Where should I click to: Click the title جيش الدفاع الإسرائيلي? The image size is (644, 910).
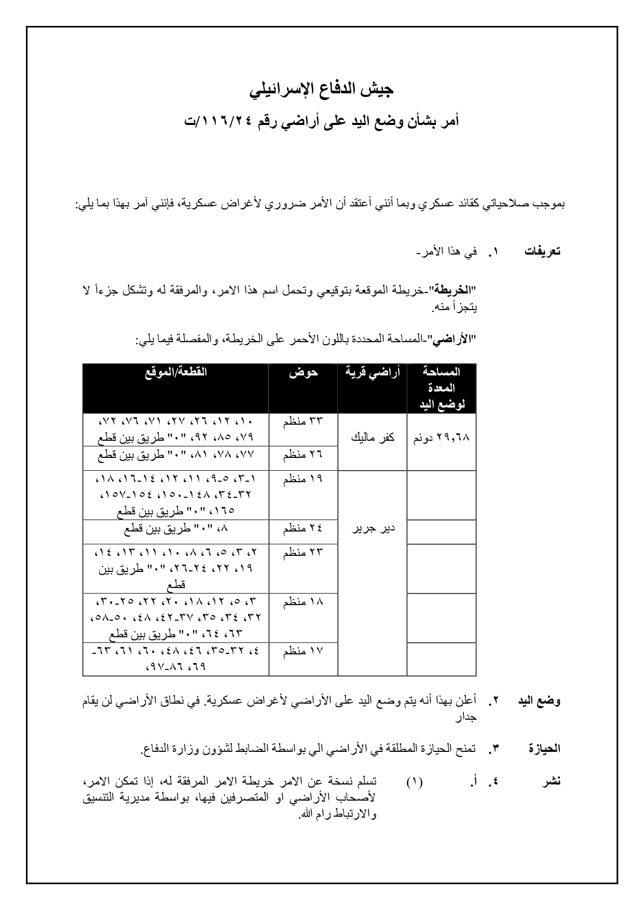(322, 90)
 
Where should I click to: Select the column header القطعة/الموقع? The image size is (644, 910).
(175, 372)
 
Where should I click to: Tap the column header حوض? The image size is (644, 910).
(303, 372)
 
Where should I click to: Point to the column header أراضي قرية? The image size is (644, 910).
(372, 372)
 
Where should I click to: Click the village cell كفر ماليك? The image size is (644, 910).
(372, 438)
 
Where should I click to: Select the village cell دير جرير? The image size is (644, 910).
(372, 528)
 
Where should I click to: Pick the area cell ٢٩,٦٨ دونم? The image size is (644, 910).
(441, 438)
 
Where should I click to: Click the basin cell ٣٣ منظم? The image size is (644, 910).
(303, 421)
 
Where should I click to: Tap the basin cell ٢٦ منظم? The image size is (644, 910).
(303, 455)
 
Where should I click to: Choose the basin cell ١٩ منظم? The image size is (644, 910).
(303, 479)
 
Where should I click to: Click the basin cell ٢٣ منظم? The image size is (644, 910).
(303, 553)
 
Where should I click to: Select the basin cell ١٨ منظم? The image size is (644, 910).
(303, 602)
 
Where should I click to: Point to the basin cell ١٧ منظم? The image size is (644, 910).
(303, 651)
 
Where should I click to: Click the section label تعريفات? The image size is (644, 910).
(542, 252)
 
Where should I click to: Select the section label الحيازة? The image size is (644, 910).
(544, 749)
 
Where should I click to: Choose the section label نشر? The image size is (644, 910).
(552, 781)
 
